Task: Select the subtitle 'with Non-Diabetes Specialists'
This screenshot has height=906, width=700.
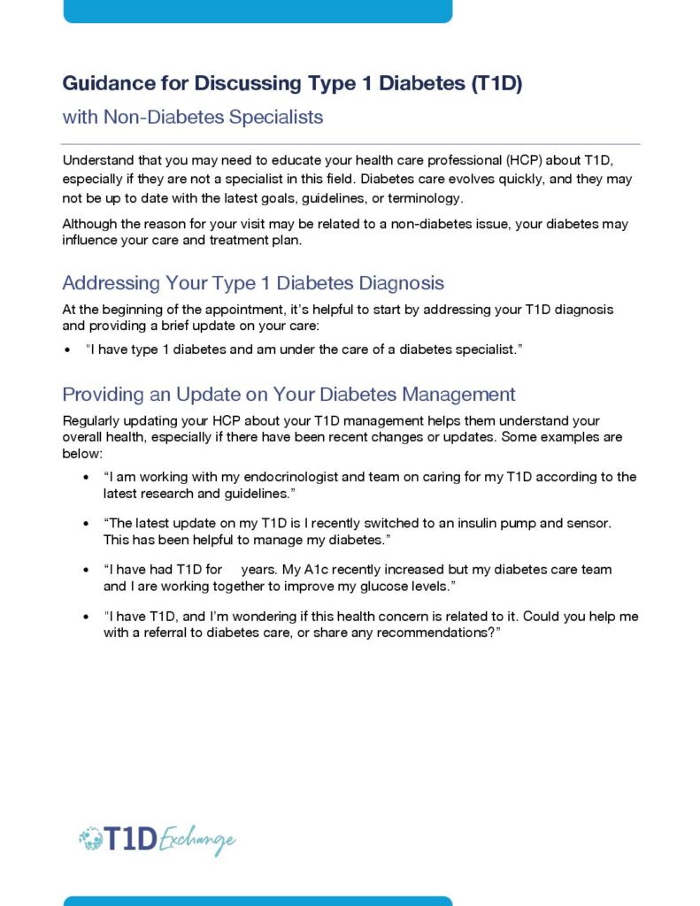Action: click(192, 117)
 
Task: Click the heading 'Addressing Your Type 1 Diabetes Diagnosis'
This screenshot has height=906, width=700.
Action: click(253, 283)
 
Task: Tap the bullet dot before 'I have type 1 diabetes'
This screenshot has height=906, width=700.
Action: click(68, 350)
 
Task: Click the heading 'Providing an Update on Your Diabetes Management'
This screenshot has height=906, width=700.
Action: click(288, 394)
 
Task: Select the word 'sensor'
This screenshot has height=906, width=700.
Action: click(588, 523)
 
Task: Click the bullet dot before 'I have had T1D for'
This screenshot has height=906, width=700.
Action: click(86, 570)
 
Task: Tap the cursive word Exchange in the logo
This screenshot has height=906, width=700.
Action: click(197, 840)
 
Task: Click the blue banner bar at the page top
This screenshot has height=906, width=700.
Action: click(258, 10)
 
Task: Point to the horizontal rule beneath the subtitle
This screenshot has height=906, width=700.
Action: click(350, 144)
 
